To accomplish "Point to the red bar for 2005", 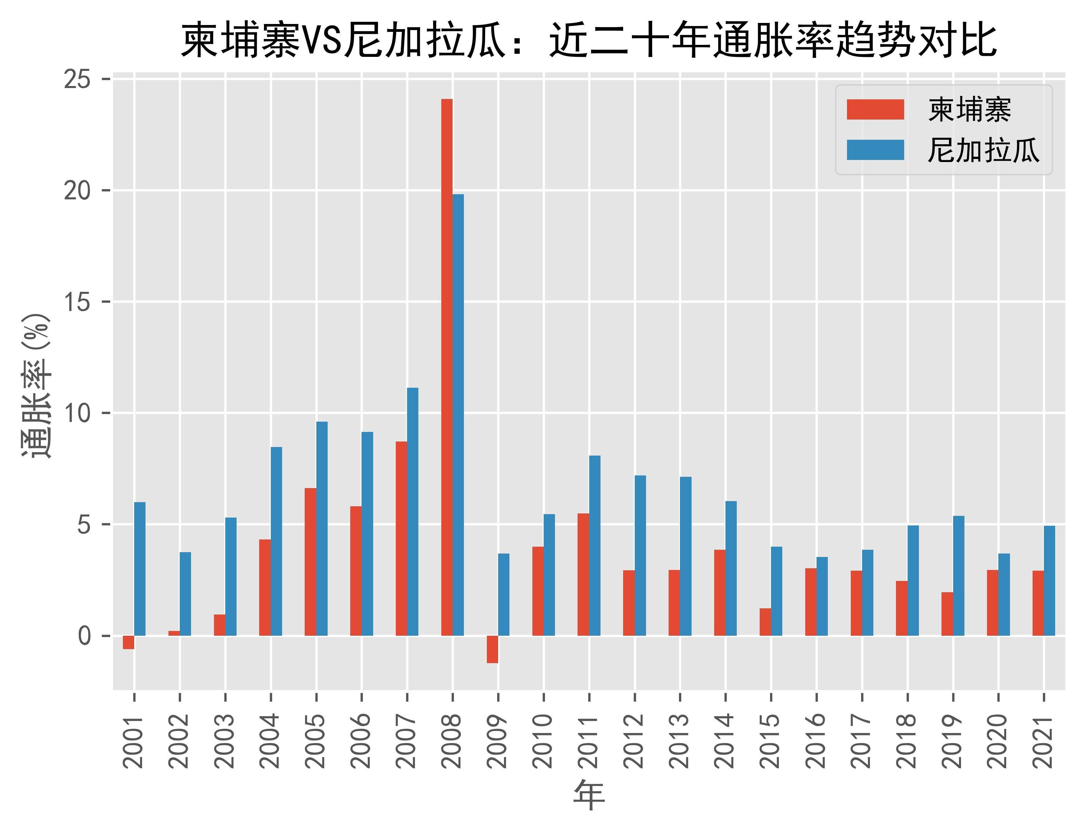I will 311,562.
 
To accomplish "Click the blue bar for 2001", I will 140,569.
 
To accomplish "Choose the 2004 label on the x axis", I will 270,741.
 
